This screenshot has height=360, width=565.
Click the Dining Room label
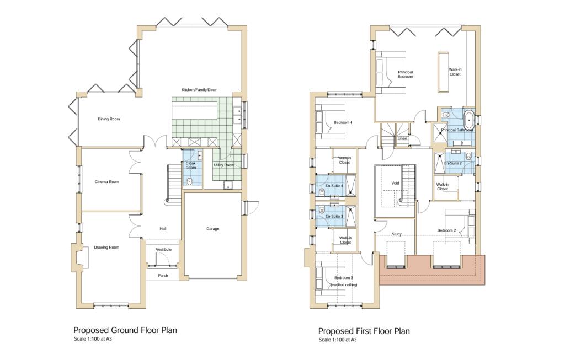click(109, 119)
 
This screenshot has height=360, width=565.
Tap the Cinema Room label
click(107, 181)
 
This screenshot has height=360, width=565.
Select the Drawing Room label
click(106, 247)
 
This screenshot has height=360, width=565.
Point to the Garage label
click(213, 228)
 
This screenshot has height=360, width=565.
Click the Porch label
click(163, 276)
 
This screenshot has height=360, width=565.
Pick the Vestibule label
click(163, 250)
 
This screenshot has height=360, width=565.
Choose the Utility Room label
click(224, 165)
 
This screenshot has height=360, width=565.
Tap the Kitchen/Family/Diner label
click(200, 90)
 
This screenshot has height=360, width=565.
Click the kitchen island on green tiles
click(195, 112)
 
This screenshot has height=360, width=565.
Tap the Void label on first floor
click(395, 184)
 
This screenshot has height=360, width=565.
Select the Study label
click(396, 234)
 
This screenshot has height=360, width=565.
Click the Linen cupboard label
click(403, 138)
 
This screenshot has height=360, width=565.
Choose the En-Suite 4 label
click(334, 186)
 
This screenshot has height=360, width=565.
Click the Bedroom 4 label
click(343, 123)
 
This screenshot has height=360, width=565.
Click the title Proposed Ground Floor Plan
click(125, 330)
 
